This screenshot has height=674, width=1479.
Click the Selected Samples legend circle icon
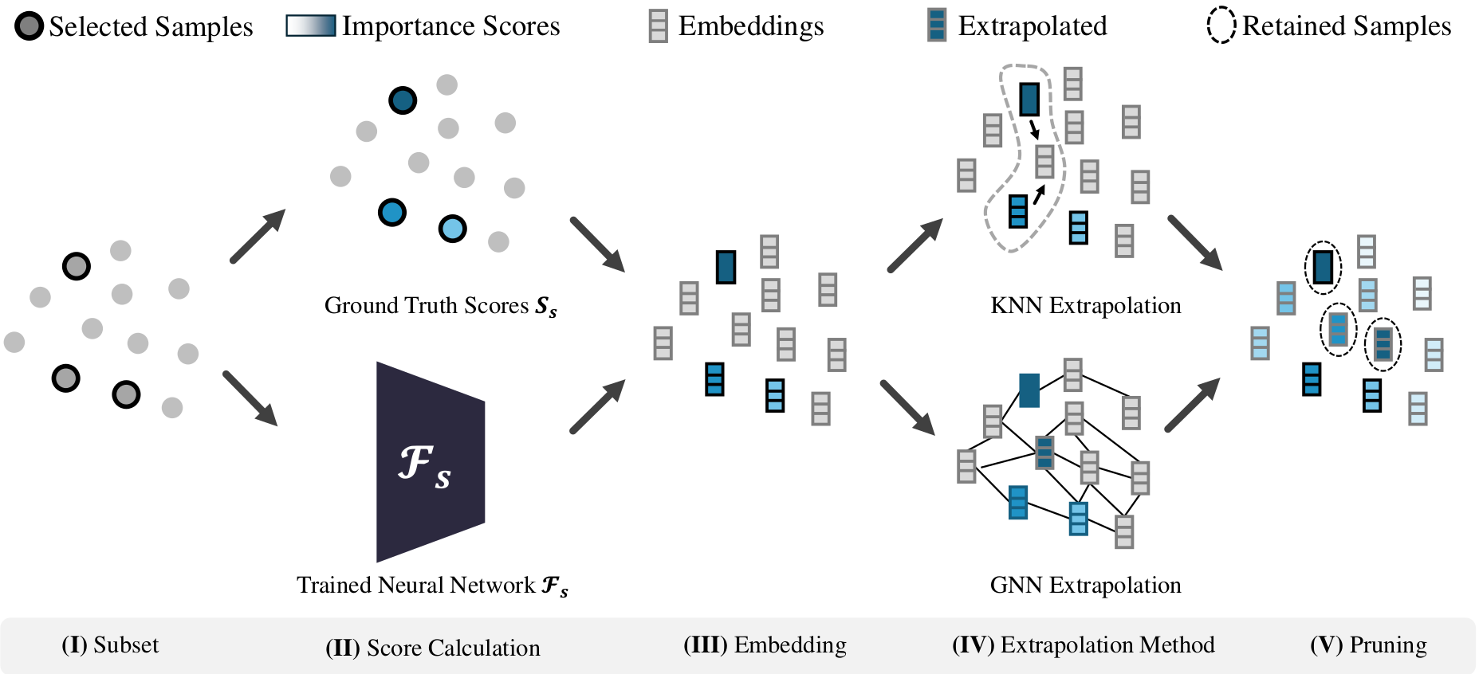30,26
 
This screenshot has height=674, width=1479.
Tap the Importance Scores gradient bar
311,25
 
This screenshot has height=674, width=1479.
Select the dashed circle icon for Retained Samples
1221,25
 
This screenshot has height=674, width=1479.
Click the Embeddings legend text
751,25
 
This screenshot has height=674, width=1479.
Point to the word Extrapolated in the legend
1033,25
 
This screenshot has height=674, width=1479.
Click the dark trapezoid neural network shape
431,462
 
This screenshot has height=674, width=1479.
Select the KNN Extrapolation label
1086,305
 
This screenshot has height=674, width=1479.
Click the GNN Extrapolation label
1086,585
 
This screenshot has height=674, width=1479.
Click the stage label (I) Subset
110,645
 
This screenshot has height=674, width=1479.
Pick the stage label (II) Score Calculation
433,648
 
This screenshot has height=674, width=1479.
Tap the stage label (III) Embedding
765,645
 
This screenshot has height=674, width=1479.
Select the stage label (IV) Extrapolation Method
1084,645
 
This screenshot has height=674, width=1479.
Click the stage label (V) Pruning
1369,645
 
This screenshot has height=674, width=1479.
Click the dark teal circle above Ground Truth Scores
403,100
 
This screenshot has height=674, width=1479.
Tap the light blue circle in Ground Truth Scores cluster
452,229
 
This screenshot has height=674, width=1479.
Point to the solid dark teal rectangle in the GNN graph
1029,390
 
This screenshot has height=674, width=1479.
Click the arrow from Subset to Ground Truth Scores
258,236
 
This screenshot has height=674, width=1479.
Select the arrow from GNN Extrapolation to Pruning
1193,405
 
